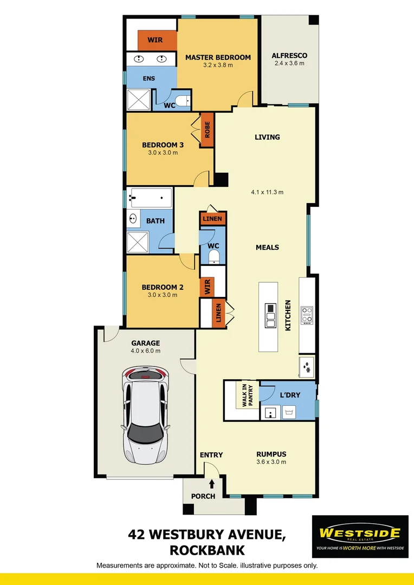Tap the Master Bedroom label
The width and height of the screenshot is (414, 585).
[218, 57]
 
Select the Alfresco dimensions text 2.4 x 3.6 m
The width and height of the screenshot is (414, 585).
[289, 63]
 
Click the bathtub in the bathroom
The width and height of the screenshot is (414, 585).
[150, 198]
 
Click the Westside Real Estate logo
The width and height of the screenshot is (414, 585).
[360, 536]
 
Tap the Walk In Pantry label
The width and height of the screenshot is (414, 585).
[239, 395]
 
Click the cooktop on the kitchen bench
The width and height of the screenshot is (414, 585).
[307, 315]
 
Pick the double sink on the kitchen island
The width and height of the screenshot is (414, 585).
[270, 315]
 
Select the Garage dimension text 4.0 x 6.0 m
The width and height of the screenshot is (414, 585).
[146, 351]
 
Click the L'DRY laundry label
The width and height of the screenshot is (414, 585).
[290, 395]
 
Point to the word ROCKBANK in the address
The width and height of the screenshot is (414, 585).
[207, 551]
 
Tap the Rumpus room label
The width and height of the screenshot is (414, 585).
[271, 454]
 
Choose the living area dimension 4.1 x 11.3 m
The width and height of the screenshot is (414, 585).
[267, 192]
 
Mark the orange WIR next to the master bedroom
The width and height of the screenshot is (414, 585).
[157, 40]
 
